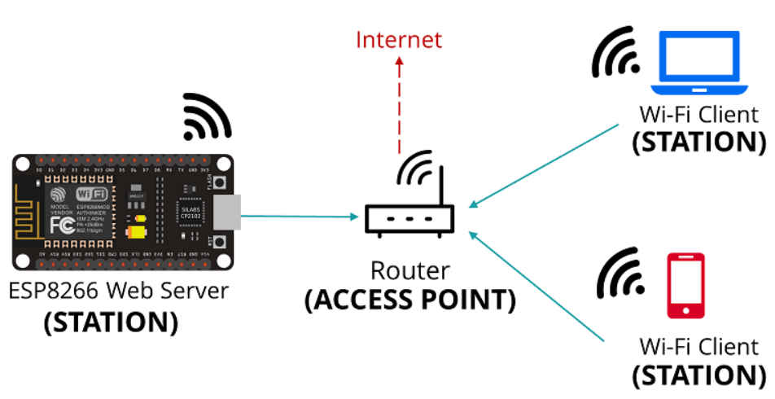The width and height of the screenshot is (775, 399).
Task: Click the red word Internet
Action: [x=399, y=39]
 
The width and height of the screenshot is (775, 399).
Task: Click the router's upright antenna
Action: [x=442, y=187]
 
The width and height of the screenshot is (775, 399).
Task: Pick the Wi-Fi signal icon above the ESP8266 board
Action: [x=206, y=116]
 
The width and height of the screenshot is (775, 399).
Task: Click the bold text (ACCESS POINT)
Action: [x=409, y=300]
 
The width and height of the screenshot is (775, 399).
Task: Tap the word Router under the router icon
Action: [x=409, y=270]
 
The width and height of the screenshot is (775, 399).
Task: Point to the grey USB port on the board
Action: [x=229, y=212]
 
